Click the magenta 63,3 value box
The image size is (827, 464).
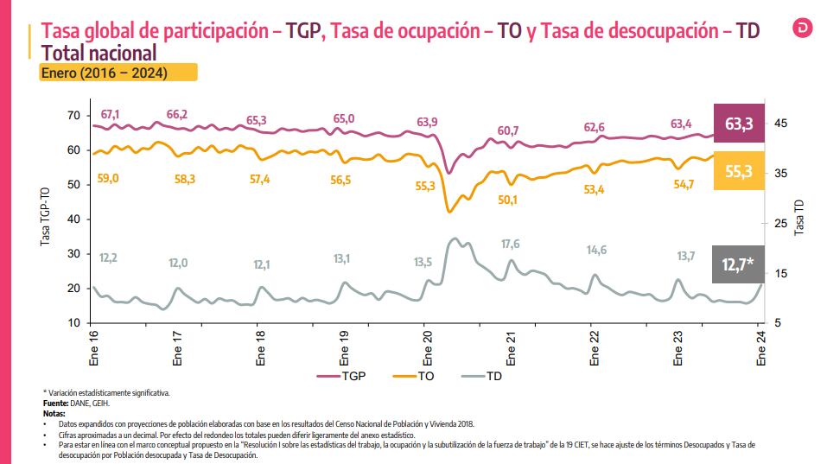click(739, 124)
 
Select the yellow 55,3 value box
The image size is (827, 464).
click(739, 171)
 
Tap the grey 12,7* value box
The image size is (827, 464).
click(739, 264)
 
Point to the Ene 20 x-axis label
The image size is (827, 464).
click(427, 347)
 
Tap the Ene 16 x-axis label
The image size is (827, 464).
click(92, 347)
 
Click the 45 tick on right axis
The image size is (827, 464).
click(781, 124)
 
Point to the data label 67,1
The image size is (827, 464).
click(111, 114)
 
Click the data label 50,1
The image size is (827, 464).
click(508, 200)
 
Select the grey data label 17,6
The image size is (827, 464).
click(511, 244)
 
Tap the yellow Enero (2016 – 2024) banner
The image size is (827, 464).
click(118, 73)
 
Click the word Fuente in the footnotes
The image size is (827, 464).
click(57, 403)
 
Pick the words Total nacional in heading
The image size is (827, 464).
click(98, 54)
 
